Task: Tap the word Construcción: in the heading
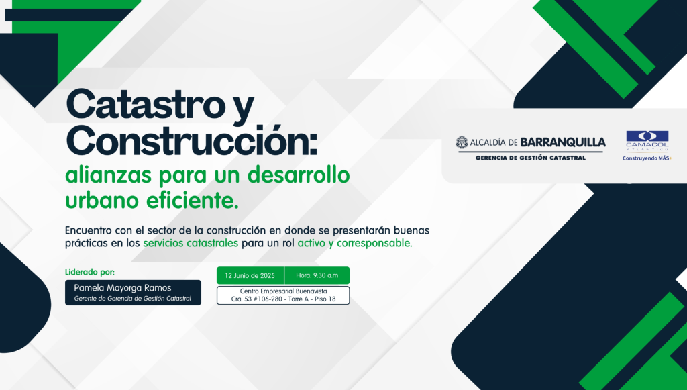point(191,141)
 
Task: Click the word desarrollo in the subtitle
point(299,175)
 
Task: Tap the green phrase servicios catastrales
point(191,243)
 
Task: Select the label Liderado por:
point(90,272)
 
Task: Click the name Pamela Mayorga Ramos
point(123,288)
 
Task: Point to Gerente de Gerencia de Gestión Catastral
point(133,299)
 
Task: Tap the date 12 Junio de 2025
point(250,276)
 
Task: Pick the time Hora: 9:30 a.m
point(317,275)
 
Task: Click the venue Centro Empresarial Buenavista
point(284,291)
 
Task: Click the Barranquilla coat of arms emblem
point(462,142)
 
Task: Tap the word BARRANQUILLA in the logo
point(563,142)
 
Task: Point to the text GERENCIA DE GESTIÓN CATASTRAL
point(531,158)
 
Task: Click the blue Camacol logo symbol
point(647,136)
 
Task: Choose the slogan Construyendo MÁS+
point(647,158)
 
